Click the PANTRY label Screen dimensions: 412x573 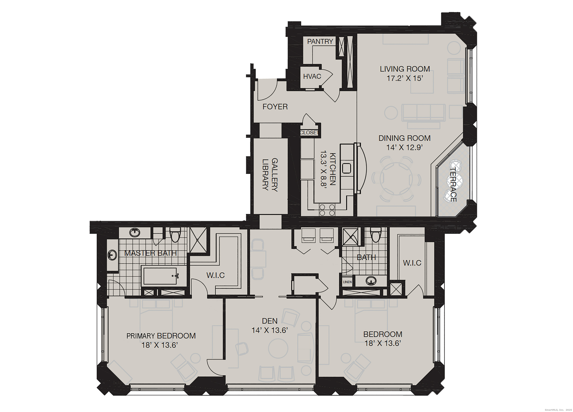(320, 41)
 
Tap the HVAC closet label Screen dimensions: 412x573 (312, 76)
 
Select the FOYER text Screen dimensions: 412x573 (275, 107)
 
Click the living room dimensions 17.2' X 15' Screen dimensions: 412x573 (405, 78)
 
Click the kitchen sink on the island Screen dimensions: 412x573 (347, 168)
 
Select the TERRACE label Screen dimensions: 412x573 (453, 184)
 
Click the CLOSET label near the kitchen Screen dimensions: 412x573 (309, 133)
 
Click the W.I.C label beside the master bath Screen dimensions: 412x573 (215, 275)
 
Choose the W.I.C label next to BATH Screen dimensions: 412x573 (412, 263)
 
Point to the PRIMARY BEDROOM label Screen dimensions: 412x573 (161, 336)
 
